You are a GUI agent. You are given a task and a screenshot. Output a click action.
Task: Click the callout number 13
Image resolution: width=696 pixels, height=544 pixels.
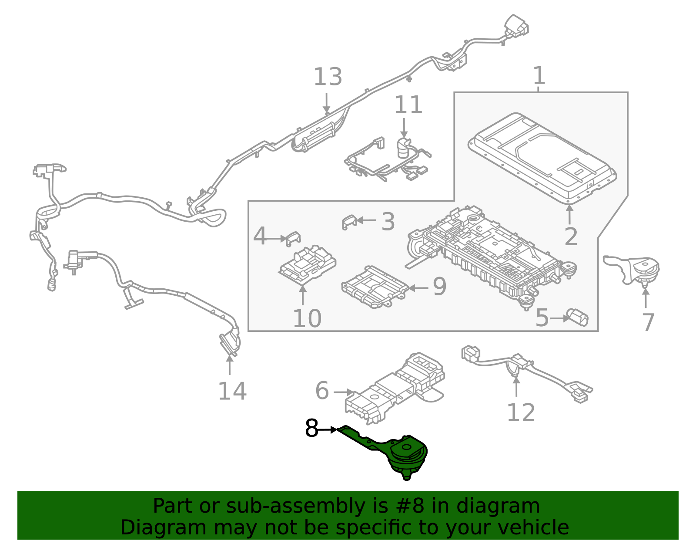328,77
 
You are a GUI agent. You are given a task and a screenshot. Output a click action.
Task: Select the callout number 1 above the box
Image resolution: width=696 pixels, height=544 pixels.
539,76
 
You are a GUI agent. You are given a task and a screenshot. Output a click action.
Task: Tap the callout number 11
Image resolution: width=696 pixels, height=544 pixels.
408,105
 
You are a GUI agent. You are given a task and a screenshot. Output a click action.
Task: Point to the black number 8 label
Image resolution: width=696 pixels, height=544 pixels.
312,429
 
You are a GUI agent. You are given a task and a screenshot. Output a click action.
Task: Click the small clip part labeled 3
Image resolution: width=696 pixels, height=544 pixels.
349,222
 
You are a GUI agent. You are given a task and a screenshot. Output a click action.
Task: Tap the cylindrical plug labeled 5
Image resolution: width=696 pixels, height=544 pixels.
578,317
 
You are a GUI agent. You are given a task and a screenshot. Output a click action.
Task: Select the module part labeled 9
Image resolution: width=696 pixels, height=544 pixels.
374,287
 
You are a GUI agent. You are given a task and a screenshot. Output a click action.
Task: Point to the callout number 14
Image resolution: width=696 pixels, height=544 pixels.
232,391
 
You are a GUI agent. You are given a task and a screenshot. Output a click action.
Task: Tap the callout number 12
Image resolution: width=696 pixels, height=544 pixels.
520,413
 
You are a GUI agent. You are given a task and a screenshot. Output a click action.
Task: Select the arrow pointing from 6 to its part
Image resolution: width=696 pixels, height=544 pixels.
344,392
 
